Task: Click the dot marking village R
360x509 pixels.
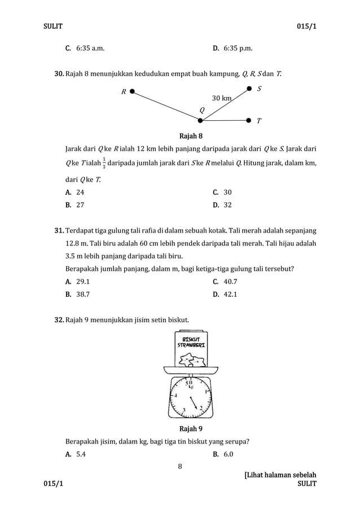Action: pyautogui.click(x=131, y=90)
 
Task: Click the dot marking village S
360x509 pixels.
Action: pyautogui.click(x=249, y=88)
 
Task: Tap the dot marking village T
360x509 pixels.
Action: pyautogui.click(x=249, y=120)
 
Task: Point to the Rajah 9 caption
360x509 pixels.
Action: pyautogui.click(x=191, y=429)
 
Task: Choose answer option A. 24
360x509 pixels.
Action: pyautogui.click(x=76, y=192)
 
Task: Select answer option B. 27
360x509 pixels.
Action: pyautogui.click(x=76, y=205)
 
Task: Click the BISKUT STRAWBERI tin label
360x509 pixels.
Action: pyautogui.click(x=190, y=342)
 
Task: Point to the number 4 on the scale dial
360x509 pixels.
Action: pyautogui.click(x=175, y=396)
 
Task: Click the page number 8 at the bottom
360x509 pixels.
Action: pyautogui.click(x=180, y=466)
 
